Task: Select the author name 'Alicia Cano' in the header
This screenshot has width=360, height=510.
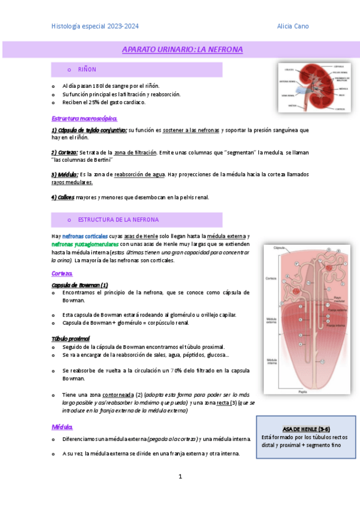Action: pyautogui.click(x=292, y=26)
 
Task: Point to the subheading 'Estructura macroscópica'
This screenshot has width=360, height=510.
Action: pyautogui.click(x=84, y=118)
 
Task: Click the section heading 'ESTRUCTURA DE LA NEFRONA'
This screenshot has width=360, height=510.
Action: pyautogui.click(x=118, y=220)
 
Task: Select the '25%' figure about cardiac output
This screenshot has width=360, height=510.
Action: pyautogui.click(x=99, y=102)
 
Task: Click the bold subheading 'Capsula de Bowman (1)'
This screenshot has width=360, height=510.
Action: pyautogui.click(x=80, y=284)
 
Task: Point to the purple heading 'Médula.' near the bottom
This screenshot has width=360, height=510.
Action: pyautogui.click(x=62, y=427)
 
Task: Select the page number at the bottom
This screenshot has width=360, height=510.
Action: pyautogui.click(x=180, y=476)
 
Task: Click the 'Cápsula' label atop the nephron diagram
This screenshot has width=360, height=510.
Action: pyautogui.click(x=279, y=248)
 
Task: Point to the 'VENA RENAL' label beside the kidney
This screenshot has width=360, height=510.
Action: pyautogui.click(x=287, y=95)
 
